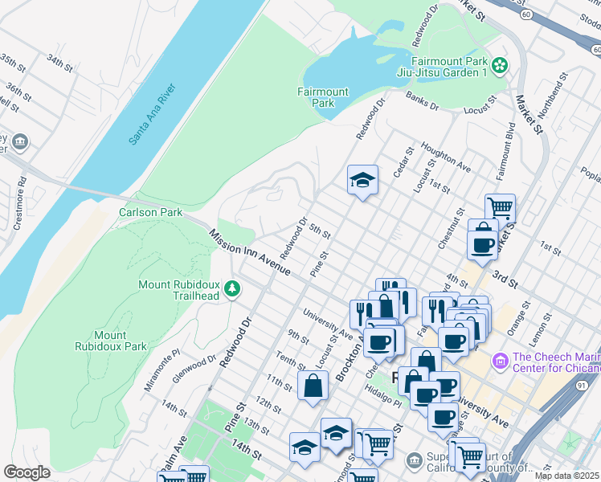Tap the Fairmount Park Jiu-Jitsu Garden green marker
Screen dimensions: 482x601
tap(500, 64)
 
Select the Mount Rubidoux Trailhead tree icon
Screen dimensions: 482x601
tap(232, 288)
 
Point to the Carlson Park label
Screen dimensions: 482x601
tap(149, 213)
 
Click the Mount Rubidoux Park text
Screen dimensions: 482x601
tap(121, 341)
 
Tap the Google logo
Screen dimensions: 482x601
tap(27, 472)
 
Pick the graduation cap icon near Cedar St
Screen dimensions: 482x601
tap(362, 180)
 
